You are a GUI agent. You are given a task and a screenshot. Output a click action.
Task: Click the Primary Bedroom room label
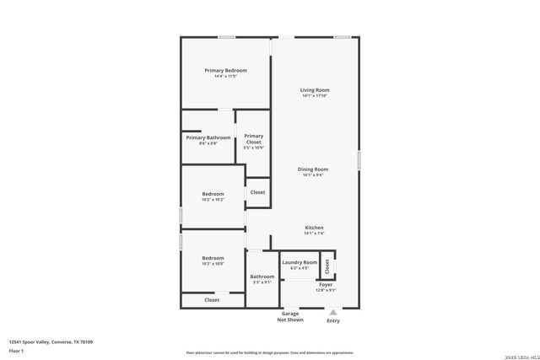pos(225,70)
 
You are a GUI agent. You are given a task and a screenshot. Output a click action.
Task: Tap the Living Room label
pos(314,89)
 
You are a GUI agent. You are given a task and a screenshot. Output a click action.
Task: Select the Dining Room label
pos(313,169)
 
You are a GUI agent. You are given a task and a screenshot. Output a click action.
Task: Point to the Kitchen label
pos(314,227)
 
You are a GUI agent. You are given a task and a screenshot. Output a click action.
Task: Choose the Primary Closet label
pos(254,139)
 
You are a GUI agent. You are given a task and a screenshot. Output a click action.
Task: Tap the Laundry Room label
pos(300,262)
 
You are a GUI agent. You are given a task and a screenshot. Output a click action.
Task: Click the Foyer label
pos(326,285)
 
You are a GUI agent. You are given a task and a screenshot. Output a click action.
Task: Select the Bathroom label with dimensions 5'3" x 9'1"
pos(262,277)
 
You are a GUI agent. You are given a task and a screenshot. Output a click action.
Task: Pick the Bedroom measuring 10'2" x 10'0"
pos(213,258)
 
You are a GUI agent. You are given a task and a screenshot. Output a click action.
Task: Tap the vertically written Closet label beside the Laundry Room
pos(327,266)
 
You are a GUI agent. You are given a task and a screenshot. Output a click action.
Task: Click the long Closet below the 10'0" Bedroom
pos(212,299)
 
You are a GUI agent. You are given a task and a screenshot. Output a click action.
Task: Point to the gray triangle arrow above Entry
pos(332,312)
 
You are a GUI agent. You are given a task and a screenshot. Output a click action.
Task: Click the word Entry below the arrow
pos(333,320)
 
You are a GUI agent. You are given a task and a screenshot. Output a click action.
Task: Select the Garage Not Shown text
pos(290,317)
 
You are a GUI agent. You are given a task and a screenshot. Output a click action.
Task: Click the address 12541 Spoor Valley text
pos(51,341)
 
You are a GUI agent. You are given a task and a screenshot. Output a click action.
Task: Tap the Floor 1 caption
pos(16,350)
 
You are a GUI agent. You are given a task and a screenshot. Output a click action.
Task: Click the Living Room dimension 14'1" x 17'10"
pos(314,96)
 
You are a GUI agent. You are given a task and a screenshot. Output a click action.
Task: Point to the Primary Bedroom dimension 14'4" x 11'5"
pos(225,77)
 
